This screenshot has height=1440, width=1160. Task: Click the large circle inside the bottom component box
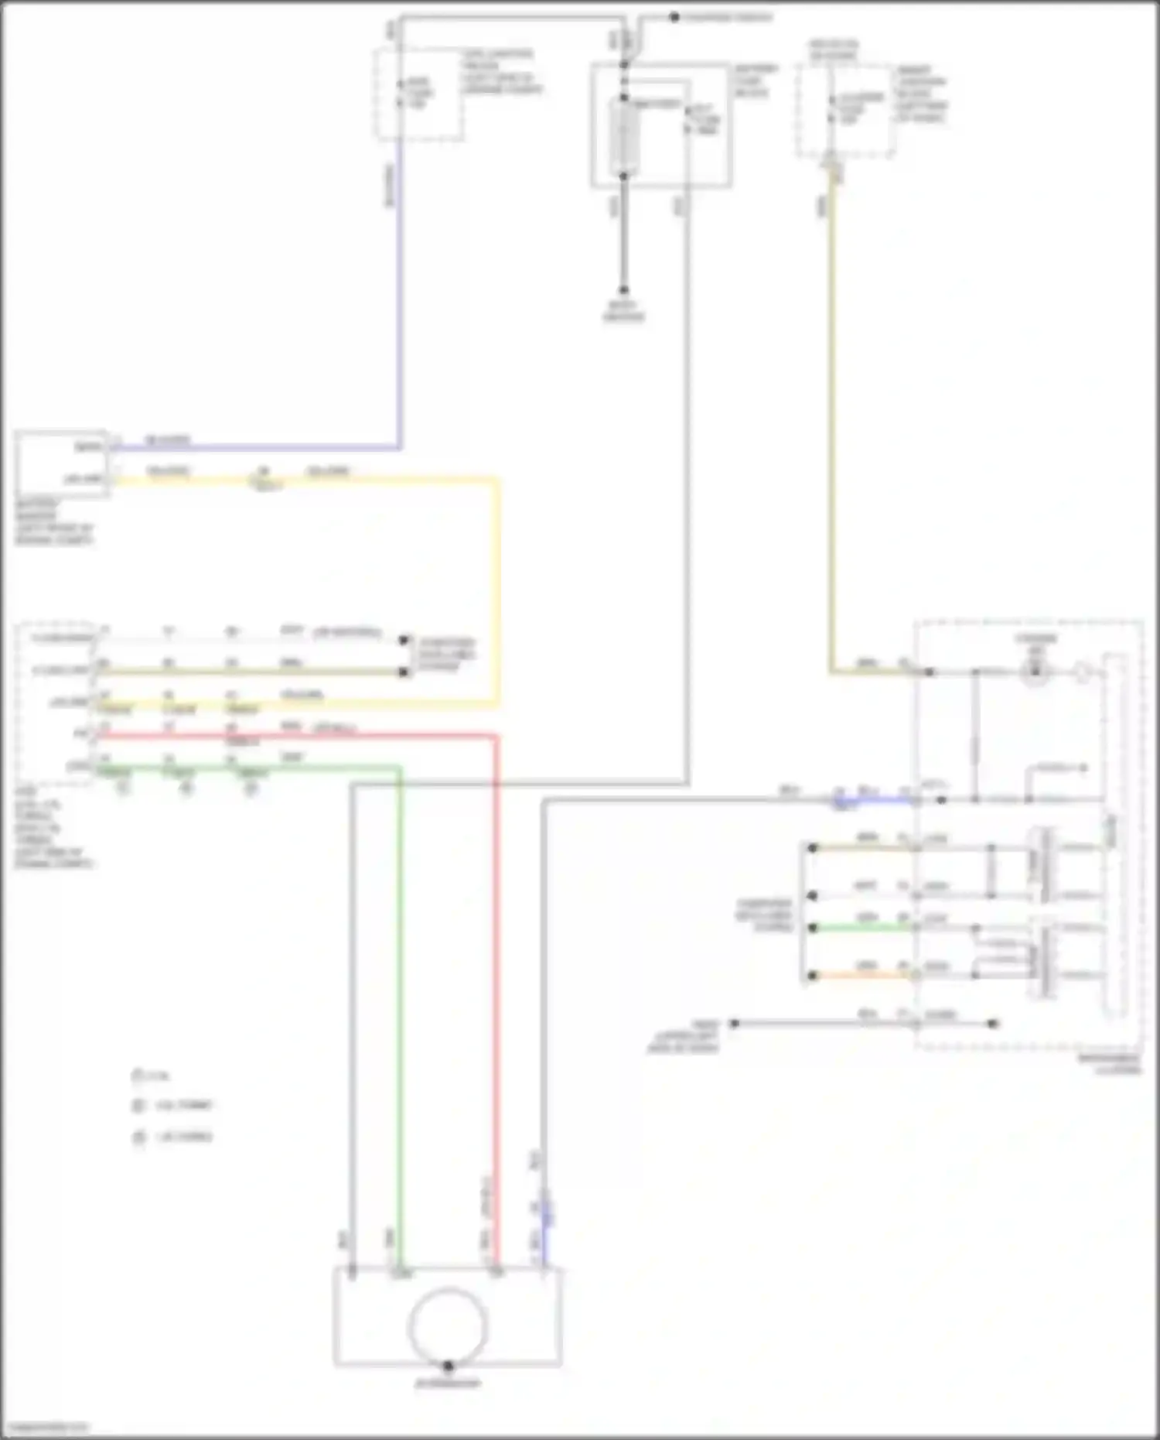[x=448, y=1325]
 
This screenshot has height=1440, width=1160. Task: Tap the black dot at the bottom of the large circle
[x=448, y=1366]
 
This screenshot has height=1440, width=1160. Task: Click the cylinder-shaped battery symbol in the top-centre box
[x=624, y=136]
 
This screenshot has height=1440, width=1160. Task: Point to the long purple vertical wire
[x=399, y=294]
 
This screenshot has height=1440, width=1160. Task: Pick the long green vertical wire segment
[x=401, y=1006]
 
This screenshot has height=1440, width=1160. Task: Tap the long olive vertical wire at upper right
[x=831, y=426]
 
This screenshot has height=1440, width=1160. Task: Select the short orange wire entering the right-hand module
[x=862, y=976]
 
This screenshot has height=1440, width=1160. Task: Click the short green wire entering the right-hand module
[x=862, y=927]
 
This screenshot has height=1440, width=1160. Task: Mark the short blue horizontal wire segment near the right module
[x=882, y=799]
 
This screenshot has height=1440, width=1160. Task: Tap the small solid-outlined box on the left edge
[x=61, y=463]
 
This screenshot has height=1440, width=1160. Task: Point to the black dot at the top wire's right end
[x=674, y=17]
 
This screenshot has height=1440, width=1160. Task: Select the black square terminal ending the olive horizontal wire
[x=403, y=672]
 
